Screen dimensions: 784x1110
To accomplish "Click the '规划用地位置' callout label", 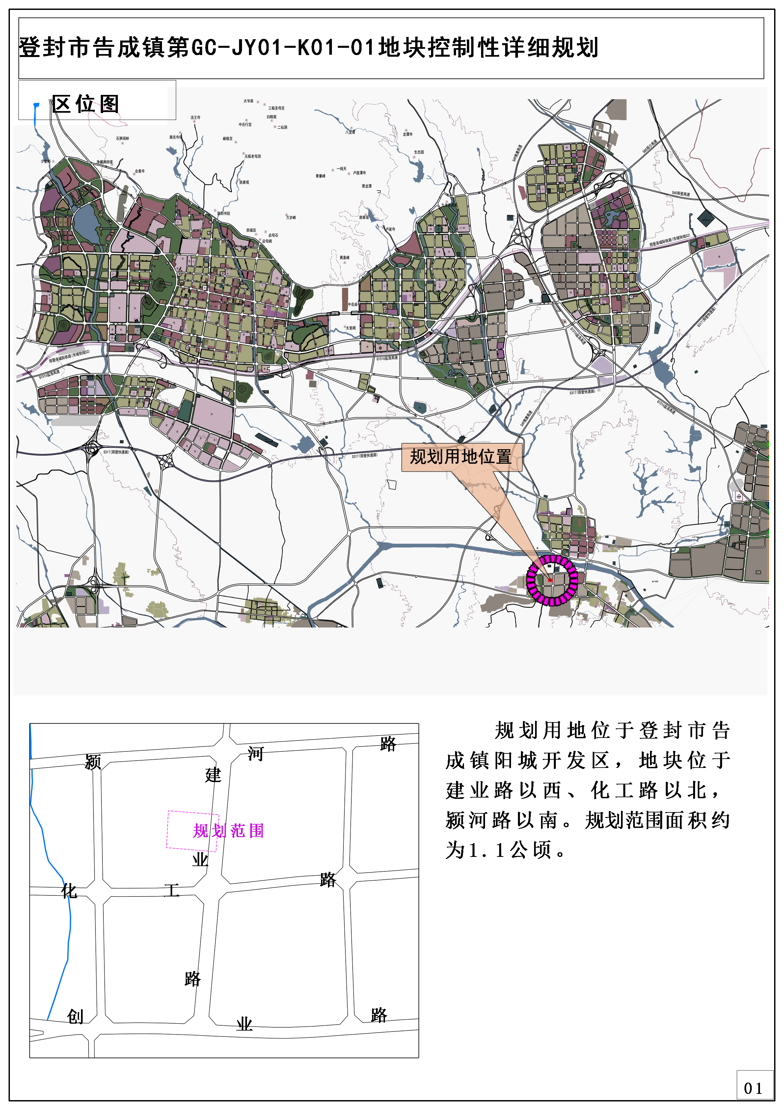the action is click(461, 456).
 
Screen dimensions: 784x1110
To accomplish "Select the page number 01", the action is click(753, 1088).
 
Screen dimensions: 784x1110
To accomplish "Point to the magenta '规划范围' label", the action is click(228, 831).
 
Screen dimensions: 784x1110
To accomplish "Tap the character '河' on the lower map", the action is click(255, 753).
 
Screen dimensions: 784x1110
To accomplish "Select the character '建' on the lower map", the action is click(213, 774).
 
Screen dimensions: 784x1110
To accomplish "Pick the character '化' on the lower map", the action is click(69, 891).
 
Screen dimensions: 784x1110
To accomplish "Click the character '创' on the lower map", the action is click(75, 1016).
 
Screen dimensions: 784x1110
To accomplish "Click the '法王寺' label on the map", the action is click(195, 117).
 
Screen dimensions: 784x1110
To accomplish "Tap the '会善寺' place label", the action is click(140, 171).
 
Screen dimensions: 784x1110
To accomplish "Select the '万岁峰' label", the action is click(291, 218).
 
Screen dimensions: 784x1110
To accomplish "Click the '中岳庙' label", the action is click(353, 305).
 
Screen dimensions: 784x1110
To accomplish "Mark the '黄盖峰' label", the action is click(344, 258).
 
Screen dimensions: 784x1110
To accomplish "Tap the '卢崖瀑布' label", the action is click(359, 173).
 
